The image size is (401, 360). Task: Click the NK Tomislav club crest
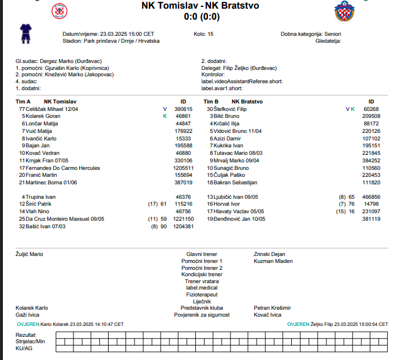click(x=59, y=10)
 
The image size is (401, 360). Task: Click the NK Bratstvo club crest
click(x=345, y=10)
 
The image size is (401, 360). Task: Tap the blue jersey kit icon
click(x=25, y=33)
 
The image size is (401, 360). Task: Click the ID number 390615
click(x=183, y=109)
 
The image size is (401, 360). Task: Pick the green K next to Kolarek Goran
click(x=164, y=116)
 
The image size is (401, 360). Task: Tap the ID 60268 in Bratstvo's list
click(x=371, y=109)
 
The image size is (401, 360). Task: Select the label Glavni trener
click(x=202, y=254)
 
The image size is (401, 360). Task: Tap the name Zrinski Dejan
click(x=270, y=254)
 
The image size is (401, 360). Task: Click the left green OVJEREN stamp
click(x=28, y=324)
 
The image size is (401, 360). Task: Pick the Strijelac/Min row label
click(x=30, y=342)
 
